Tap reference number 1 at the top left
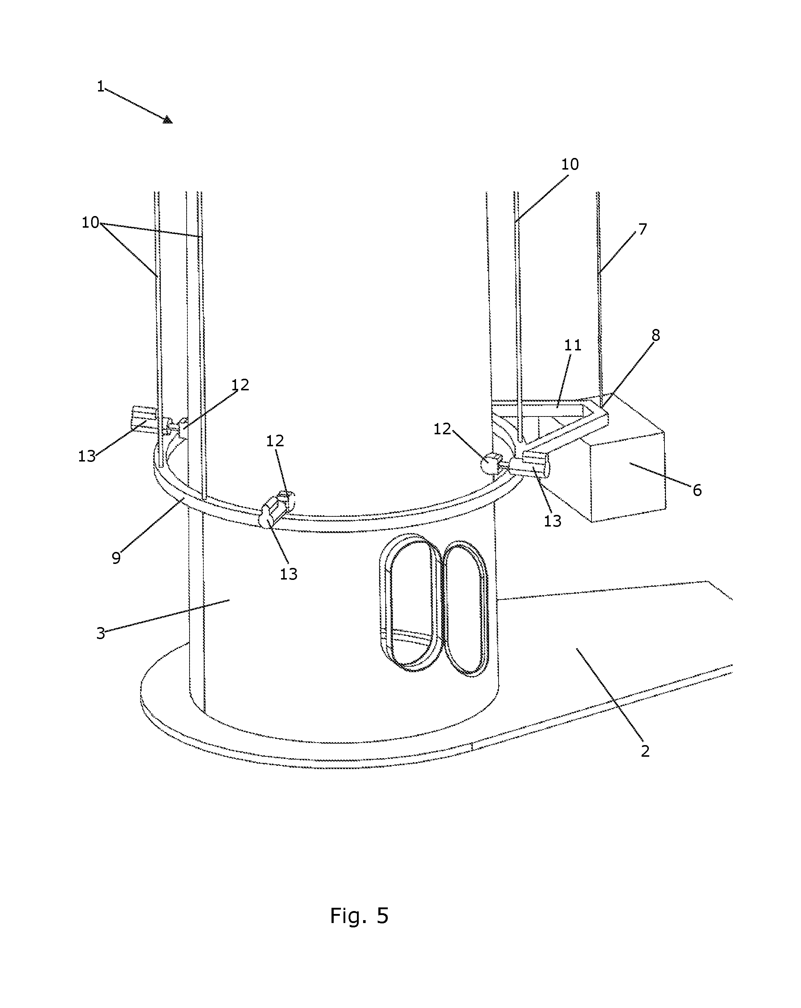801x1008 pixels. click(x=100, y=86)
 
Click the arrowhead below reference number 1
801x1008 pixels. click(x=168, y=120)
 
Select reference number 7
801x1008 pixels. click(x=642, y=229)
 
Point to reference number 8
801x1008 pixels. click(x=655, y=335)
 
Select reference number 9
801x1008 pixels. click(x=116, y=558)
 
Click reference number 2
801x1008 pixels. click(x=645, y=751)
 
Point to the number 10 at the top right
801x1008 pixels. click(x=570, y=164)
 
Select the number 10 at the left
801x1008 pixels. click(x=90, y=223)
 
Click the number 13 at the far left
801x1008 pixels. click(x=86, y=456)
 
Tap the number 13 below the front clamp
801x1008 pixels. click(x=289, y=574)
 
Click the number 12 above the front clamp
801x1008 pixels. click(x=275, y=440)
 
